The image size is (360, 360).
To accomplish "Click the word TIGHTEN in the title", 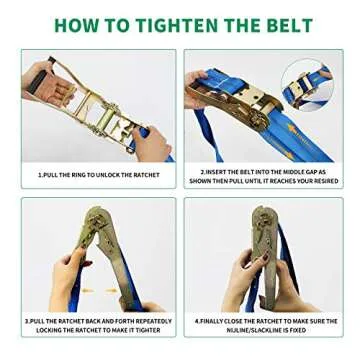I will [180, 24].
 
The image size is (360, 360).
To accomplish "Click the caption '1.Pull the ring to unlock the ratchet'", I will [97, 175].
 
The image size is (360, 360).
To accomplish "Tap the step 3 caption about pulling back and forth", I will [97, 325].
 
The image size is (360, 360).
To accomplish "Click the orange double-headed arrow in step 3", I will [98, 291].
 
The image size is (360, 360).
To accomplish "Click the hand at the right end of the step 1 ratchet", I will [150, 140].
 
